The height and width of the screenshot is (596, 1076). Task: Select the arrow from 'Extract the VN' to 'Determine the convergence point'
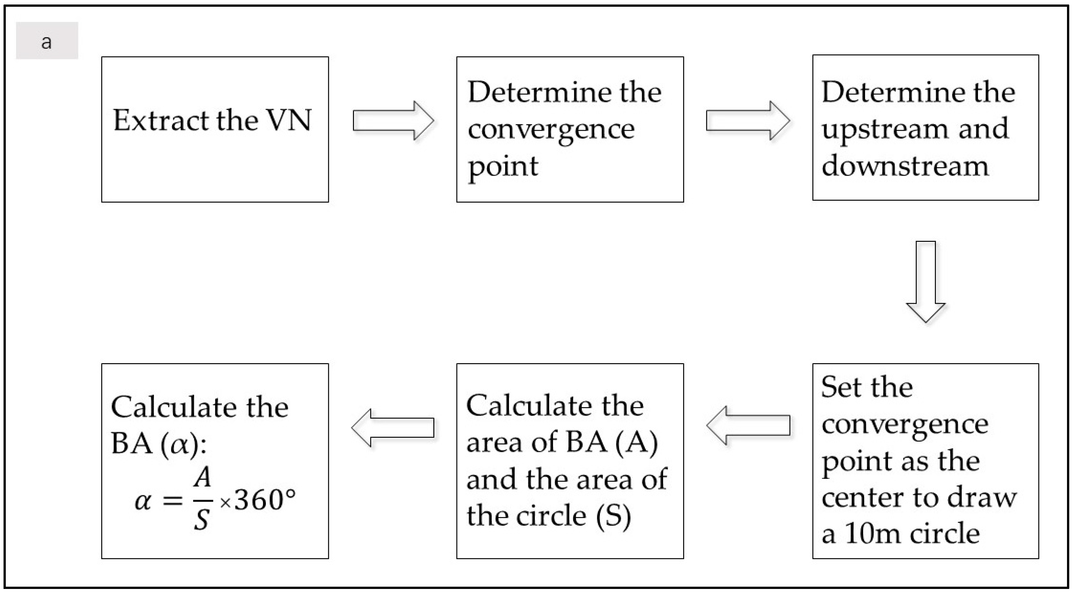coord(393,121)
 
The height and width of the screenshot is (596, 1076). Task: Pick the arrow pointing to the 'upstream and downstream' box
coord(748,121)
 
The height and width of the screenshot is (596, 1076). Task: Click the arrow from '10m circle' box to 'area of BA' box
coord(748,425)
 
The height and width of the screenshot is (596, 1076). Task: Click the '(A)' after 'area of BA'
coord(637,443)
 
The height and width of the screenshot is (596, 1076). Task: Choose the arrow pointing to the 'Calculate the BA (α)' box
coord(393,427)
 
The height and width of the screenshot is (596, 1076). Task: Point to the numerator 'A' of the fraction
coord(203,477)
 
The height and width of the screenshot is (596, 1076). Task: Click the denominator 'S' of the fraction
coord(201,520)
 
